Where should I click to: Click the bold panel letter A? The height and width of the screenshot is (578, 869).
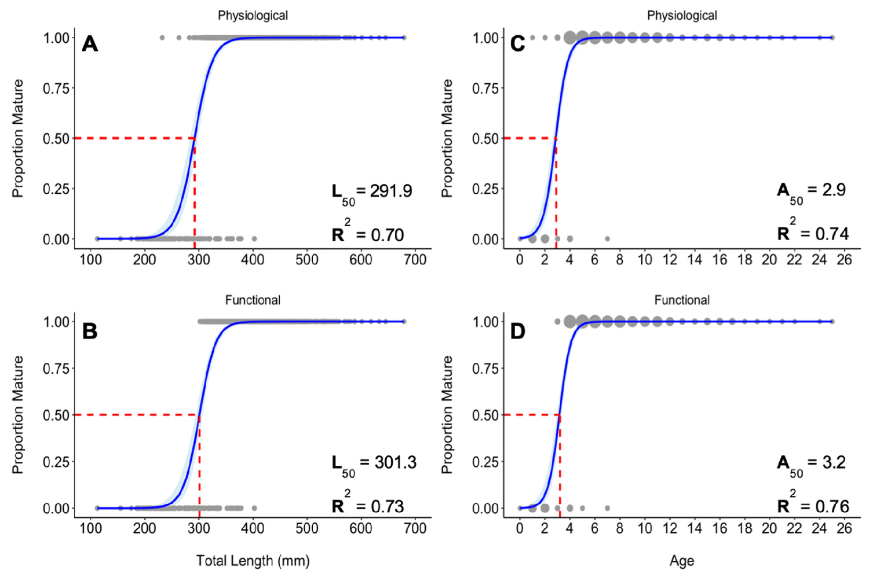pyautogui.click(x=90, y=44)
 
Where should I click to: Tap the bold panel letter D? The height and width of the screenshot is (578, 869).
pyautogui.click(x=517, y=332)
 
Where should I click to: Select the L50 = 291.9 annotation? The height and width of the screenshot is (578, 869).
pyautogui.click(x=371, y=192)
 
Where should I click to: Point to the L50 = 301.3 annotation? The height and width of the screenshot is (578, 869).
pyautogui.click(x=374, y=463)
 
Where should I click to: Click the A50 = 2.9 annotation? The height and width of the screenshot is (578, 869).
pyautogui.click(x=811, y=191)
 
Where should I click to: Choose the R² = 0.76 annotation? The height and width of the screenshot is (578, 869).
pyautogui.click(x=813, y=505)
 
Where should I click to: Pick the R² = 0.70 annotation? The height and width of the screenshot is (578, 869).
pyautogui.click(x=367, y=233)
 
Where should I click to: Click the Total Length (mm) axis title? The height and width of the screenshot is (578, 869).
pyautogui.click(x=253, y=561)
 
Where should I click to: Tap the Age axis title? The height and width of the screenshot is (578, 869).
pyautogui.click(x=682, y=561)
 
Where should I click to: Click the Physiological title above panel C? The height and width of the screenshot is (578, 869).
pyautogui.click(x=682, y=16)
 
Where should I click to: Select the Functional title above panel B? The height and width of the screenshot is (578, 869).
pyautogui.click(x=253, y=300)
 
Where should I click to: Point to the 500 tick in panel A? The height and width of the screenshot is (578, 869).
pyautogui.click(x=306, y=260)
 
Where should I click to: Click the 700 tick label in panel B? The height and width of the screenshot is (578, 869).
pyautogui.click(x=415, y=528)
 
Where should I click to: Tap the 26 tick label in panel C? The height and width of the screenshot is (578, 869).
pyautogui.click(x=844, y=260)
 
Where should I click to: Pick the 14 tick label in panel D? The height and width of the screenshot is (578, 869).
pyautogui.click(x=695, y=528)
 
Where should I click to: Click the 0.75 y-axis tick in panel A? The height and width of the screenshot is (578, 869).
pyautogui.click(x=56, y=88)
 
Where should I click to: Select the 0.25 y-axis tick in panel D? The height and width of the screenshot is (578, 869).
pyautogui.click(x=485, y=462)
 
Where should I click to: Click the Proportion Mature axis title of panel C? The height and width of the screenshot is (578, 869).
pyautogui.click(x=447, y=138)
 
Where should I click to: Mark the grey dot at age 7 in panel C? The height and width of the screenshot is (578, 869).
pyautogui.click(x=607, y=238)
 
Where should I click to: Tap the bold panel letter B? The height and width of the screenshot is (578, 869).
pyautogui.click(x=90, y=332)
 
